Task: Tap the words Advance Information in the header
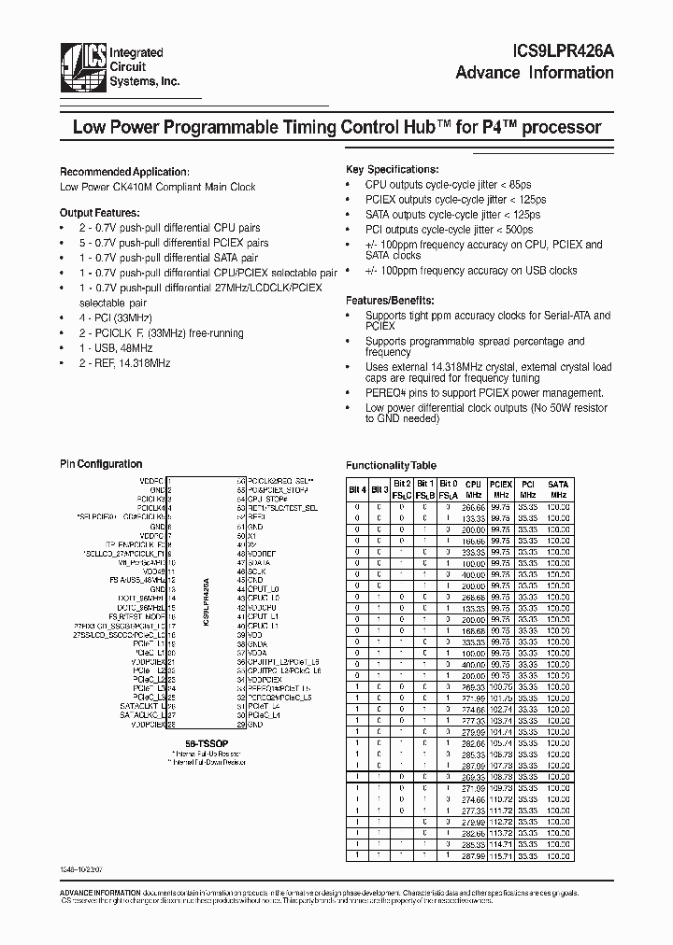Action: pyautogui.click(x=535, y=74)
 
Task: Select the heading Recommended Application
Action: pyautogui.click(x=123, y=172)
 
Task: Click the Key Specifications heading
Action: pyautogui.click(x=392, y=169)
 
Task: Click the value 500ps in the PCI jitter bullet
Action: pyautogui.click(x=518, y=229)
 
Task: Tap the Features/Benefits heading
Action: pyautogui.click(x=390, y=301)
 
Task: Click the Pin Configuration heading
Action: pyautogui.click(x=101, y=464)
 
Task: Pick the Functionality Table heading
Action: pyautogui.click(x=391, y=465)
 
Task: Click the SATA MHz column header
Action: pyautogui.click(x=558, y=489)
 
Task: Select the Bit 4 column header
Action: pyautogui.click(x=356, y=488)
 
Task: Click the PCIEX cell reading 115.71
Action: pyautogui.click(x=500, y=856)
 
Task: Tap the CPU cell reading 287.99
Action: pyautogui.click(x=473, y=856)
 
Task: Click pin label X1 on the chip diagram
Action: pyautogui.click(x=251, y=536)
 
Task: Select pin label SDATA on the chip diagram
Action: pyautogui.click(x=260, y=563)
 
